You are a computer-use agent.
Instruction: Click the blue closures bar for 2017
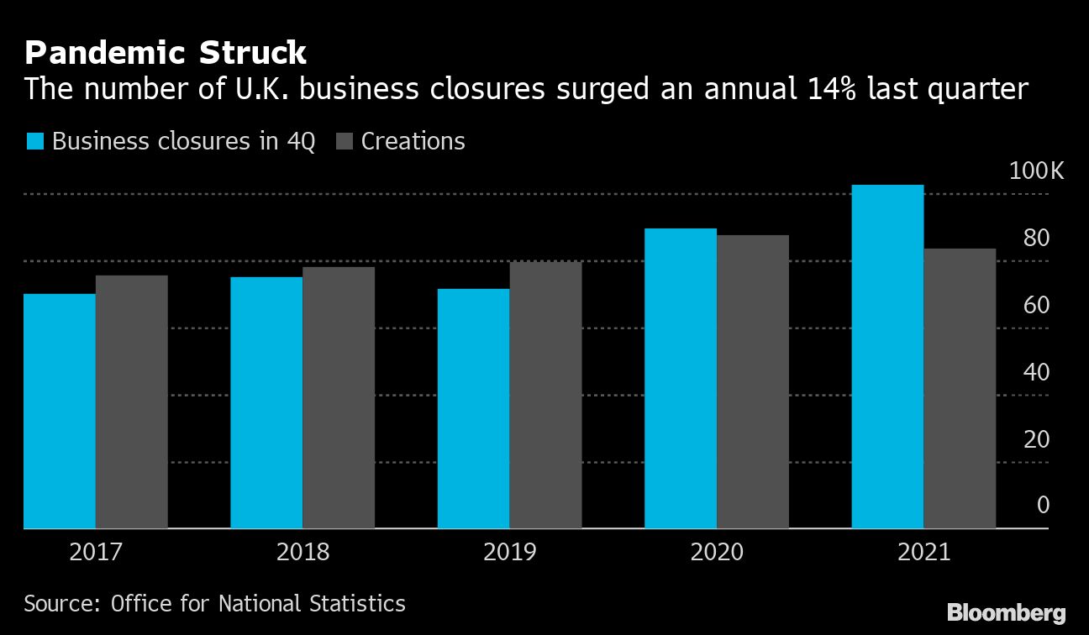(x=60, y=411)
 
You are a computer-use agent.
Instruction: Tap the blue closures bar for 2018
(x=266, y=402)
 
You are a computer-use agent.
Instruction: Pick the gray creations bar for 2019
(x=545, y=395)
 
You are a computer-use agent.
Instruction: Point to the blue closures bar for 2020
(x=681, y=378)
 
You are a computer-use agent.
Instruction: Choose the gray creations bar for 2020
(x=753, y=381)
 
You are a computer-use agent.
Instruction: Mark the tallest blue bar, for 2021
(x=887, y=356)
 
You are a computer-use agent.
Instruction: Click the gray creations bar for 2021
(x=960, y=388)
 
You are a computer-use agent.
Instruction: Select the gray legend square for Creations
(x=344, y=141)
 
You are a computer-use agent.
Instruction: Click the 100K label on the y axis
(x=1035, y=172)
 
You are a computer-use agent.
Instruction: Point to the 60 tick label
(x=1037, y=305)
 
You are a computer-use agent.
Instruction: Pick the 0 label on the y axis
(x=1043, y=505)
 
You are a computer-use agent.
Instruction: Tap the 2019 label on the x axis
(x=508, y=553)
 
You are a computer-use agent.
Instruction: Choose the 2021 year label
(x=923, y=553)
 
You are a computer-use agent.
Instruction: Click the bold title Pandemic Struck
(x=166, y=54)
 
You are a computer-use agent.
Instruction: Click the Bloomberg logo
(x=1006, y=613)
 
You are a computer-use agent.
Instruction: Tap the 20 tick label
(x=1037, y=438)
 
